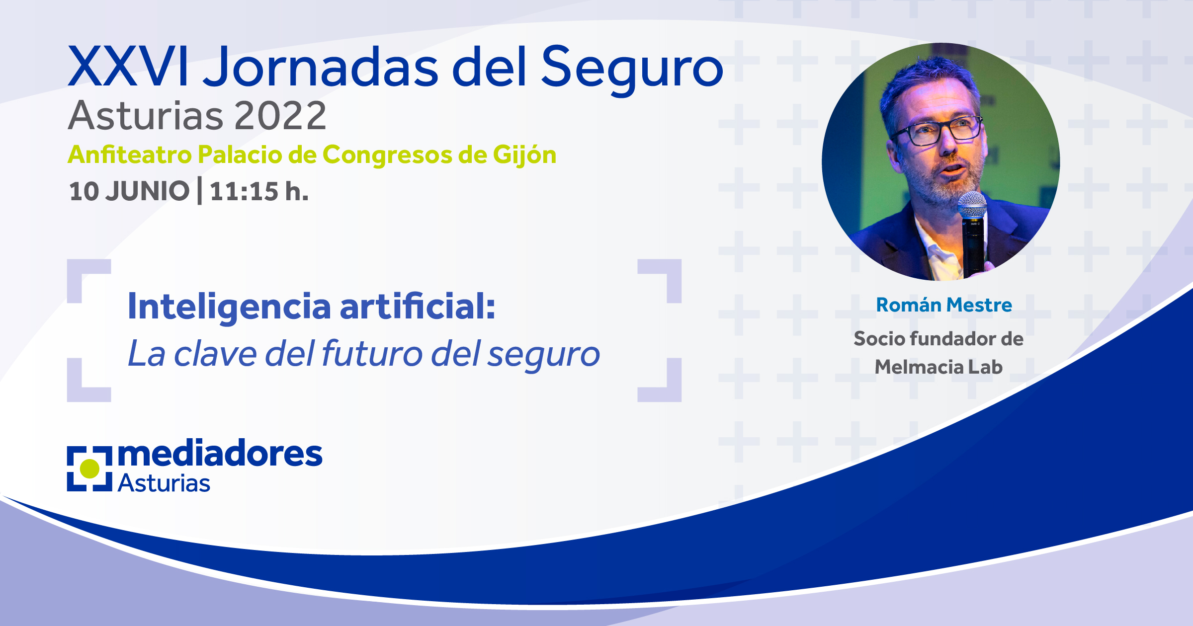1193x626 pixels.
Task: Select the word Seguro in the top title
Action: [632, 70]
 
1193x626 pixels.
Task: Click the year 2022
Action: [280, 116]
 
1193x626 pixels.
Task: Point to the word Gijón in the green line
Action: [524, 156]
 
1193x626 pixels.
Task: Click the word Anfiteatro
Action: [130, 155]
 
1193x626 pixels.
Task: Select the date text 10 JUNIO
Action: [129, 191]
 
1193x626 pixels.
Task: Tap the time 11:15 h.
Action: [259, 191]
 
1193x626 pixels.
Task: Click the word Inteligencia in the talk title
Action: [229, 307]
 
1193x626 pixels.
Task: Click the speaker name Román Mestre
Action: [943, 305]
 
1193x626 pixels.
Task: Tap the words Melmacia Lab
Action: [938, 367]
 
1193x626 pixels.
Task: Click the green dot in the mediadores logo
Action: [90, 469]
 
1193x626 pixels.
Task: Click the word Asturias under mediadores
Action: [164, 483]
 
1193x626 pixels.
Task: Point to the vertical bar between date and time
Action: [199, 191]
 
